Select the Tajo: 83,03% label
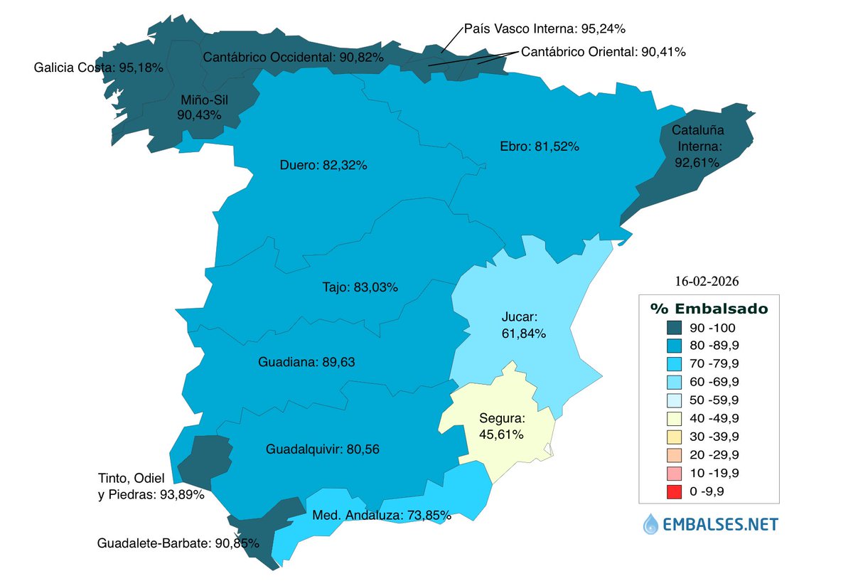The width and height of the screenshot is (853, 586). tap(357, 288)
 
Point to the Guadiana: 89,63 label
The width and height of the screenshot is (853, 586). tap(306, 362)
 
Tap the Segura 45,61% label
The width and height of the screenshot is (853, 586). tap(501, 426)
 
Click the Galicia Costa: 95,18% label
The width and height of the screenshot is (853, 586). tap(99, 68)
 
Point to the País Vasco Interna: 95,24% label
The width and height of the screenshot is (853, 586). tap(544, 29)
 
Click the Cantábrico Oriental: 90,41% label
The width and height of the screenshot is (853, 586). tap(603, 52)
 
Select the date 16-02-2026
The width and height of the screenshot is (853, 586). tap(709, 281)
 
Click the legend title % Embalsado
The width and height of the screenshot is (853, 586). tap(709, 309)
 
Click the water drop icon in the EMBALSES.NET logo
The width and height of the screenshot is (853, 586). tap(650, 525)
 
